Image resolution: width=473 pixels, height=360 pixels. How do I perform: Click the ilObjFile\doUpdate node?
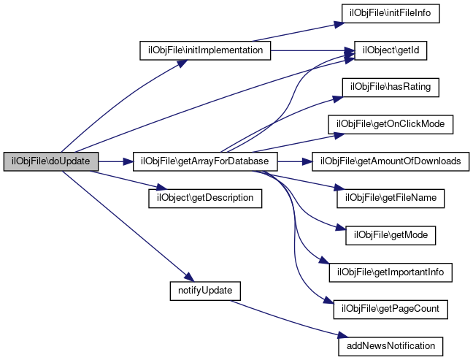tap(50, 161)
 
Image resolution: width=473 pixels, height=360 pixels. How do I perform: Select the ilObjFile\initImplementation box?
tap(205, 51)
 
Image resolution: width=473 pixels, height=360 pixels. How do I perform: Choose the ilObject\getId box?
tap(391, 51)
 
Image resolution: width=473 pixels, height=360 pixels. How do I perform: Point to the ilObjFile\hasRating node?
tap(391, 88)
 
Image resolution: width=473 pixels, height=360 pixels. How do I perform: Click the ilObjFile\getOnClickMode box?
tap(391, 124)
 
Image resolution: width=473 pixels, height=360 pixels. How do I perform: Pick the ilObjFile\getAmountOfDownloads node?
tap(391, 161)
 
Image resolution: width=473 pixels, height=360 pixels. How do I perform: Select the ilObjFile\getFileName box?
tap(391, 198)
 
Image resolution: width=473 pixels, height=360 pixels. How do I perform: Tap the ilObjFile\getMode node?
tap(391, 234)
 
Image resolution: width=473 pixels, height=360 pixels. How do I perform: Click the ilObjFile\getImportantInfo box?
tap(391, 272)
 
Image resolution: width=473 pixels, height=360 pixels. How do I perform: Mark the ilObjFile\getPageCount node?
tap(391, 308)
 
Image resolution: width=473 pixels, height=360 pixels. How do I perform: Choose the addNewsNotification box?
tap(391, 345)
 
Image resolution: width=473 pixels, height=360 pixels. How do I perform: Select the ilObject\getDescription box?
tap(205, 198)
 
